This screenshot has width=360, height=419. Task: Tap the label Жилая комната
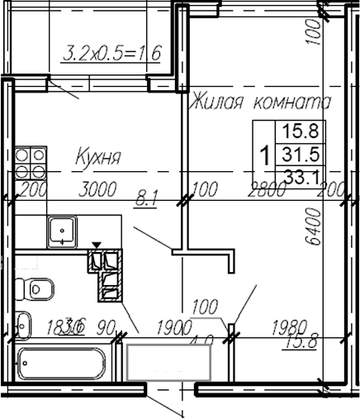[x=260, y=103]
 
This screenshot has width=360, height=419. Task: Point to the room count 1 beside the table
[x=263, y=153]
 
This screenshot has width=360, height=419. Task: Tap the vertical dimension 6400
[x=312, y=231]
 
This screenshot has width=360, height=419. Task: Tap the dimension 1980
[x=288, y=327]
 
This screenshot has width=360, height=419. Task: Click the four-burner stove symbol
[x=30, y=161]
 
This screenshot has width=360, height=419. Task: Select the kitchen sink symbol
[x=61, y=229]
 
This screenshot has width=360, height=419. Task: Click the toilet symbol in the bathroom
[x=37, y=289]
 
